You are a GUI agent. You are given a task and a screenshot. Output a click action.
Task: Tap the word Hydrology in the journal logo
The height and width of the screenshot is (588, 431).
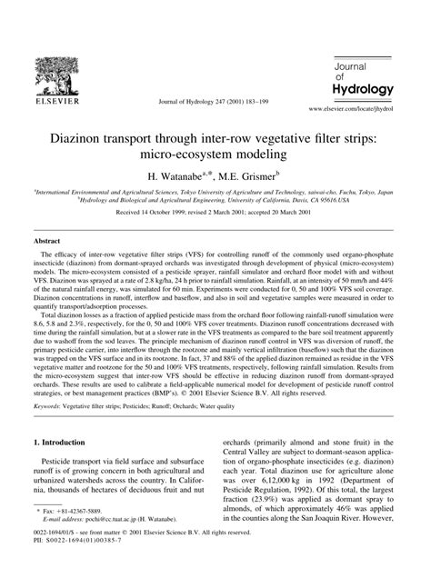[362, 90]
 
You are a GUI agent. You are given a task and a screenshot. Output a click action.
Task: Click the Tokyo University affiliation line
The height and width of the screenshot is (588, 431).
[215, 193]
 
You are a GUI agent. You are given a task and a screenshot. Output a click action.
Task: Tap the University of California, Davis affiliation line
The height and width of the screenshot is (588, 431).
[215, 201]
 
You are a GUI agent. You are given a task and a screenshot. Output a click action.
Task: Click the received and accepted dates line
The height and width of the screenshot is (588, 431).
[215, 215]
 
